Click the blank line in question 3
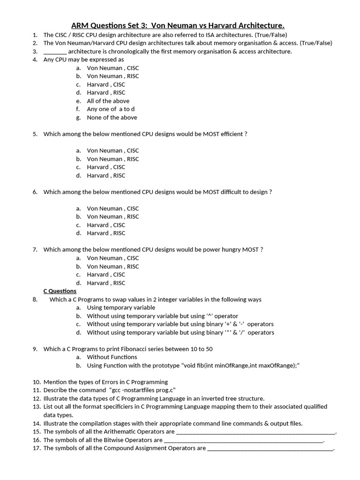[55, 52]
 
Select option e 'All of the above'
[108, 101]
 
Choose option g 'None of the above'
[112, 117]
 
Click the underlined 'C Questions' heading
[60, 291]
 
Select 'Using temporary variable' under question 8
[121, 307]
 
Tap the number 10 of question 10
[37, 382]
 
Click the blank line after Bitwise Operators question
[243, 441]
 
